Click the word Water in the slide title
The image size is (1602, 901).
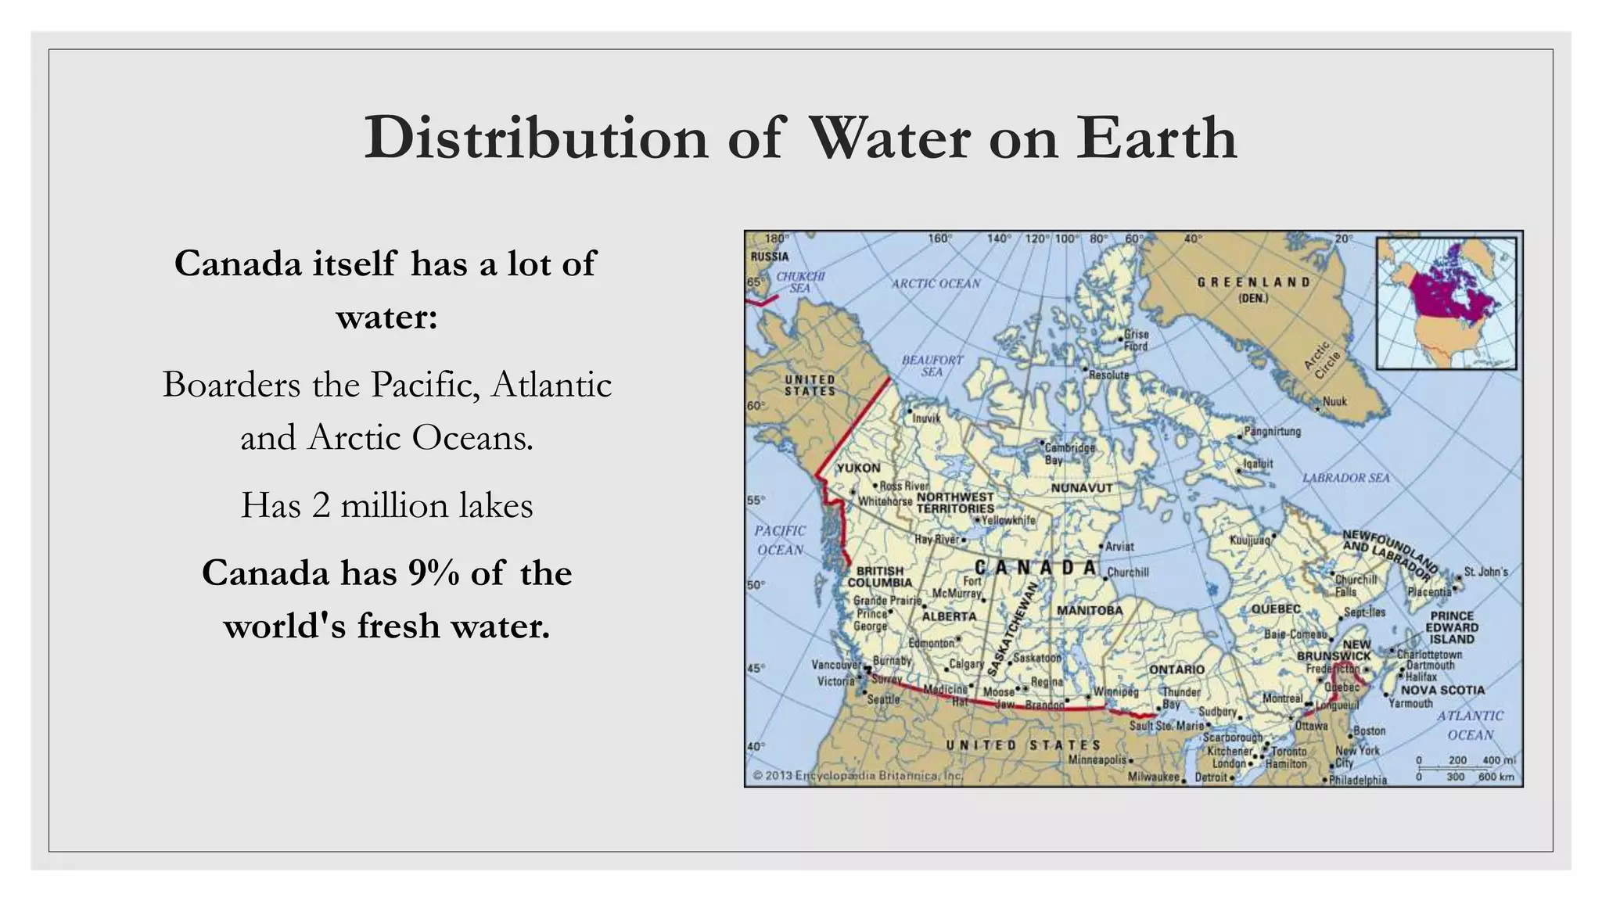click(x=889, y=138)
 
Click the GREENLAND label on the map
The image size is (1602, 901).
click(x=1253, y=282)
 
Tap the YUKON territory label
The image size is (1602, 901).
click(x=858, y=468)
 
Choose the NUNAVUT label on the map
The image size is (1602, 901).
click(x=1081, y=487)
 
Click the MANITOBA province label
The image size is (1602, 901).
click(x=1090, y=610)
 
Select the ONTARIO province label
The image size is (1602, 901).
click(x=1176, y=669)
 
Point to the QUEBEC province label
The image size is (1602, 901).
click(x=1276, y=608)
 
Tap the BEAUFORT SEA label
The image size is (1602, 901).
click(x=932, y=365)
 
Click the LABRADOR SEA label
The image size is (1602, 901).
click(x=1345, y=478)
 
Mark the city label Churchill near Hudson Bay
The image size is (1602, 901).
click(x=1128, y=573)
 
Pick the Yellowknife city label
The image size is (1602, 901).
click(x=1008, y=520)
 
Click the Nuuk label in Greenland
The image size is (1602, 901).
click(x=1334, y=402)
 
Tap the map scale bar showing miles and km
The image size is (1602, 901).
click(x=1464, y=768)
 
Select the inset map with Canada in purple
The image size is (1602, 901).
click(x=1446, y=303)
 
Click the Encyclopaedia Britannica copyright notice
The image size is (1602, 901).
click(x=857, y=776)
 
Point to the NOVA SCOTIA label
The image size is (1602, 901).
click(x=1442, y=690)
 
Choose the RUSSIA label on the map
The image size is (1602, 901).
click(x=770, y=257)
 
